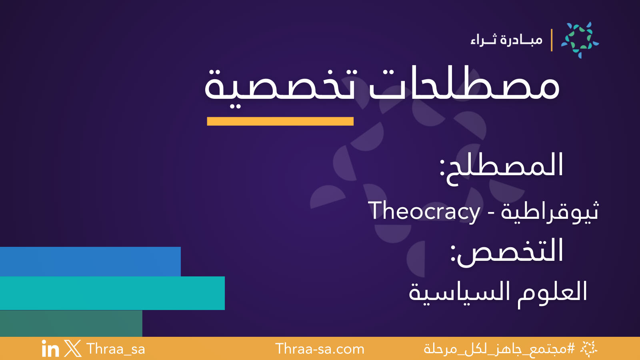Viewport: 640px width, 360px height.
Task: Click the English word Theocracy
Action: coord(424,211)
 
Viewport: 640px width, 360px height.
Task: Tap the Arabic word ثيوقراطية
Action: coord(550,211)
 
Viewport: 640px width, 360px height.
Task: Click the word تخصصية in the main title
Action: coord(280,86)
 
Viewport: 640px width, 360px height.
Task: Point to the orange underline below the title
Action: coord(280,121)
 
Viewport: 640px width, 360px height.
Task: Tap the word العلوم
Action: coord(552,292)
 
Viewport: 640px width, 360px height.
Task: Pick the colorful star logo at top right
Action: coord(580,40)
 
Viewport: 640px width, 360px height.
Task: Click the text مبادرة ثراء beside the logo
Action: coord(506,40)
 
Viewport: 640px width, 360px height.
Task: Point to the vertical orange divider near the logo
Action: coord(552,40)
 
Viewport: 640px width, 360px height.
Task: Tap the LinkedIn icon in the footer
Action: coord(50,349)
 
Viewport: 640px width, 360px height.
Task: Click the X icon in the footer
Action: coord(72,349)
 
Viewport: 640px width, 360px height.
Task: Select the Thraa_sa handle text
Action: coord(116,349)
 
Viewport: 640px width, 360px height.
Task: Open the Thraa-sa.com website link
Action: coord(320,349)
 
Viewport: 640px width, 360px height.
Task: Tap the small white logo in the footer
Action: coord(588,349)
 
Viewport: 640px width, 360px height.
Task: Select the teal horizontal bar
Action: coord(112,293)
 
